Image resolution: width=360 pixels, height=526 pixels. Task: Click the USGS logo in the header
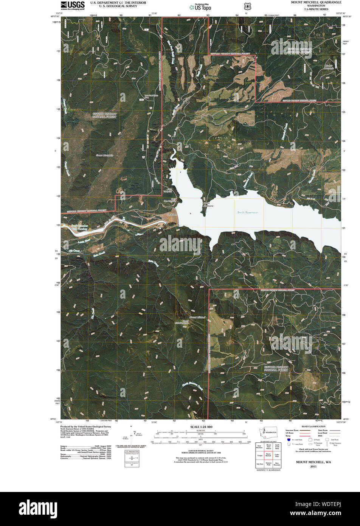point(73,5)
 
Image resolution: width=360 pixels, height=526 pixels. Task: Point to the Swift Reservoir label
point(248,212)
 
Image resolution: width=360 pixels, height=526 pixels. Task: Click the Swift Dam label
point(172,215)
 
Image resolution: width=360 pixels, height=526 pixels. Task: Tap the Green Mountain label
point(105,156)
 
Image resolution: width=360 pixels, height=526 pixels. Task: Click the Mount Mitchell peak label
point(197,317)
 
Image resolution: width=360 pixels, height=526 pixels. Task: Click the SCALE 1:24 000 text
point(200,427)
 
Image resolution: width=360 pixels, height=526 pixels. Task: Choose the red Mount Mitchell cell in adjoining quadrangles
point(268,455)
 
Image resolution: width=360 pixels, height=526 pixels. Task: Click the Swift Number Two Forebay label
point(79,227)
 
